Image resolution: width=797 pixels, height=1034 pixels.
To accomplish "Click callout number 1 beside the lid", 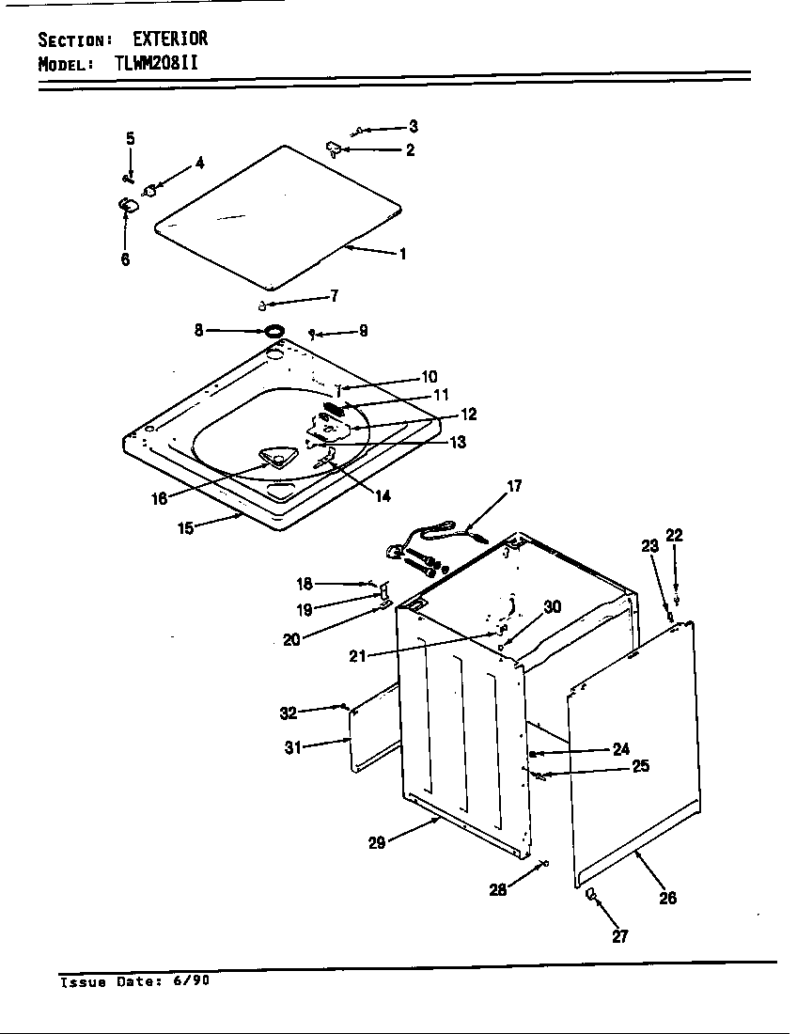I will [x=402, y=253].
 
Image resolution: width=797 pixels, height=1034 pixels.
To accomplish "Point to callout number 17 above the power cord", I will [x=514, y=486].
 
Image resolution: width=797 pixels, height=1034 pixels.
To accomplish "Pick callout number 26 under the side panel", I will [x=667, y=897].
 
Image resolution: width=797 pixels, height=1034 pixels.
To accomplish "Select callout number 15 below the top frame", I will [x=185, y=527].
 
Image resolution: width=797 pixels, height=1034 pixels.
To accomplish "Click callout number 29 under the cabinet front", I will [x=376, y=843].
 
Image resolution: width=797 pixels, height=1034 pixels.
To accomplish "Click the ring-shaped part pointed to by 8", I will [x=273, y=331].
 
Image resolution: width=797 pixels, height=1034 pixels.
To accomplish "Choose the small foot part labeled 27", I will [x=590, y=893].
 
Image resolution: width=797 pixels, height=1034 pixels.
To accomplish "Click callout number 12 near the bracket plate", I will [x=467, y=414].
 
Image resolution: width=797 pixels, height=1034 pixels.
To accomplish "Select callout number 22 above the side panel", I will [x=674, y=536].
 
